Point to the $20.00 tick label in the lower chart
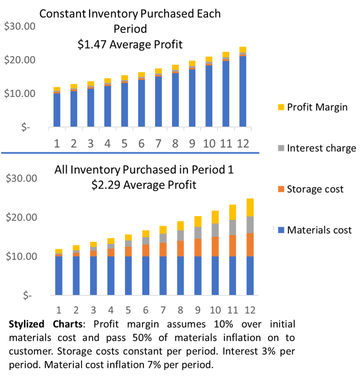21,217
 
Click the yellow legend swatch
281,107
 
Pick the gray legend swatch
281,148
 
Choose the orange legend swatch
281,189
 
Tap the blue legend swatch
281,230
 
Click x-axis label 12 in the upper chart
242,143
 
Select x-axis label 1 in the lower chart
58,310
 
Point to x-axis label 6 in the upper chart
141,143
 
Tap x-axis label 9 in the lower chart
197,310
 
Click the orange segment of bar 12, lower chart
250,245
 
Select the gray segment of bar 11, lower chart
232,227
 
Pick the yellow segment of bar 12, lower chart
250,207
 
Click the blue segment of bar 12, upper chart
242,91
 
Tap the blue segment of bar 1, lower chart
58,275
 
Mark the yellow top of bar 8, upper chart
175,67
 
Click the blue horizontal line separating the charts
130,153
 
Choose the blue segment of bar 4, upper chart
107,106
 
